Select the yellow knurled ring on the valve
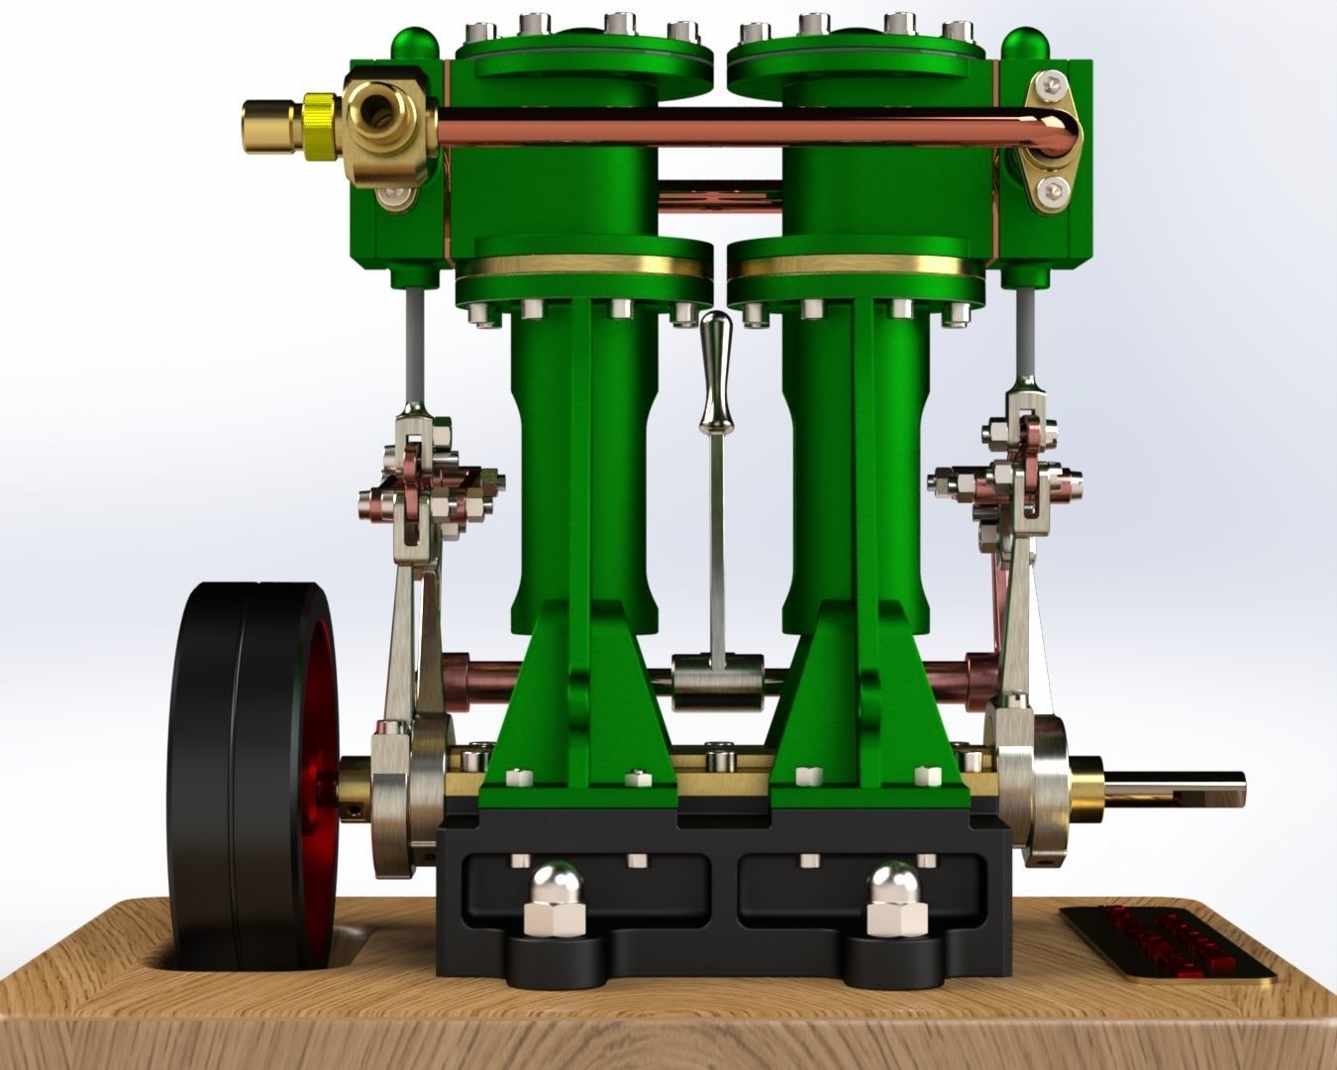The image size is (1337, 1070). [x=318, y=127]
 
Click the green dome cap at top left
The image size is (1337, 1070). [x=414, y=45]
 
